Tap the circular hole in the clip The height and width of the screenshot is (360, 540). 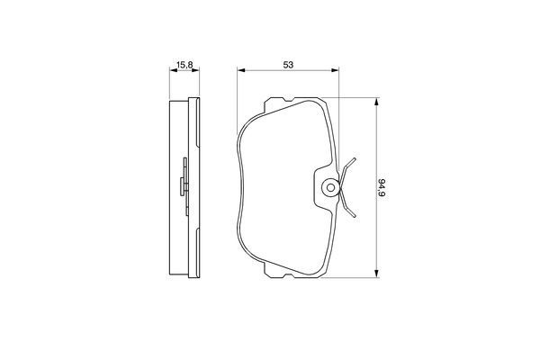(x=330, y=188)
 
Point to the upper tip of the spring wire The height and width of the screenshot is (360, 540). (x=355, y=159)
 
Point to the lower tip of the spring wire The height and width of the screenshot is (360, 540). (x=356, y=215)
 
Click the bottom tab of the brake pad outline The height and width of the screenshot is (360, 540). (x=288, y=274)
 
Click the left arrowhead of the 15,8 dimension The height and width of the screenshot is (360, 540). (x=173, y=71)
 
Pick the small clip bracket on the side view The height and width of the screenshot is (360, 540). (x=184, y=184)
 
